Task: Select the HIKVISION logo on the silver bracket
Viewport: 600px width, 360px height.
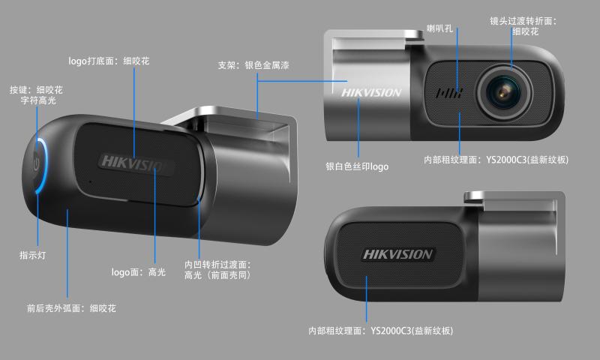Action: (371, 94)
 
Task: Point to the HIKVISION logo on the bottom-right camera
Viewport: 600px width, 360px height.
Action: (397, 254)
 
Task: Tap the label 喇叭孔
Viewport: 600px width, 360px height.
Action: (440, 28)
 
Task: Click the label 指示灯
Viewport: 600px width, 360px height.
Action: (32, 256)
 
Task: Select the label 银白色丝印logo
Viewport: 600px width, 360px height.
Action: (357, 166)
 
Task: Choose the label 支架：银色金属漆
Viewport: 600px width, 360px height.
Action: (253, 66)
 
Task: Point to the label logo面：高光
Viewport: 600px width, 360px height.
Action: (138, 272)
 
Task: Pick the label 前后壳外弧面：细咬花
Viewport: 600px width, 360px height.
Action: (71, 308)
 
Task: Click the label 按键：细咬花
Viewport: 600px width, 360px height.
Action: (36, 89)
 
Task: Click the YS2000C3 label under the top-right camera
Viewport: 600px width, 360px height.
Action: (496, 160)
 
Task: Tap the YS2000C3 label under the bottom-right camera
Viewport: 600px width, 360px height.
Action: (381, 330)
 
